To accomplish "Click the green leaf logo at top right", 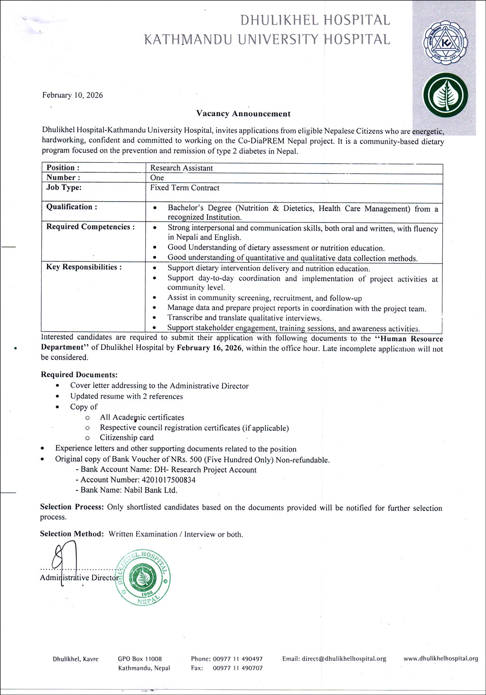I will point(445,95).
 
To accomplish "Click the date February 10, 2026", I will point(73,95).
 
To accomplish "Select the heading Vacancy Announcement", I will point(243,114).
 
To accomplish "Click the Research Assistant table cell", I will point(181,168).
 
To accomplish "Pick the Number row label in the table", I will point(63,177).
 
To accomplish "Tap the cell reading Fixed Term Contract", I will point(185,188).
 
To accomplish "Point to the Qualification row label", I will point(72,207).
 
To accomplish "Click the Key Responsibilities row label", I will point(84,267).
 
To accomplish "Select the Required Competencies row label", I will point(90,227).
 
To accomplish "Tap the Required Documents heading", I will point(79,375).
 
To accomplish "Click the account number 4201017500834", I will point(162,480).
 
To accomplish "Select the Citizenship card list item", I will point(127,438).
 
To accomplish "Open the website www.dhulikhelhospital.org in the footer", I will point(440,658).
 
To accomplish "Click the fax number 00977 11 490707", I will point(237,668).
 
